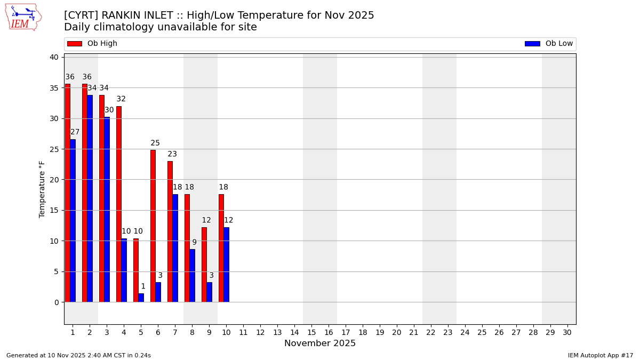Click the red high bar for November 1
click(x=68, y=193)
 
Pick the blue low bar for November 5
click(x=141, y=298)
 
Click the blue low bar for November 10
click(x=226, y=265)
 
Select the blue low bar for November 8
click(x=192, y=275)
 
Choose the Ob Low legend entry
click(x=549, y=44)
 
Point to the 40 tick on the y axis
click(x=54, y=57)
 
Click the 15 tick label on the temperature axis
click(x=54, y=210)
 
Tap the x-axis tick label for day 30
click(x=567, y=332)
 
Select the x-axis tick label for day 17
click(x=346, y=332)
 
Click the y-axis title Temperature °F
click(x=42, y=189)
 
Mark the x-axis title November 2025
click(x=320, y=343)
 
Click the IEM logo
click(x=23, y=17)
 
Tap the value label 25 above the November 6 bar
click(x=155, y=143)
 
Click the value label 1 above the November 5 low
click(x=143, y=286)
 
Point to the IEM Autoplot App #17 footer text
click(x=600, y=355)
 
